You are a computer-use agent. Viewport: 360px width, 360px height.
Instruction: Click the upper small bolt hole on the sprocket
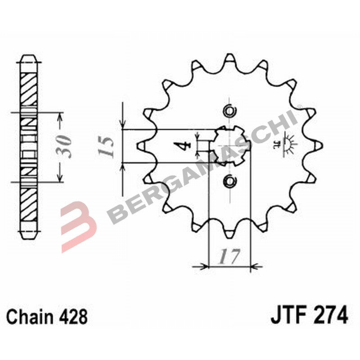(x=229, y=111)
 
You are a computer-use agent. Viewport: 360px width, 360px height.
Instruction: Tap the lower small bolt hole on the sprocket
(x=229, y=181)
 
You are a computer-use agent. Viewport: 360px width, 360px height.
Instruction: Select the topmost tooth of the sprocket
(x=229, y=58)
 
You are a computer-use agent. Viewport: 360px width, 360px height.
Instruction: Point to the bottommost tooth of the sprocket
(x=229, y=233)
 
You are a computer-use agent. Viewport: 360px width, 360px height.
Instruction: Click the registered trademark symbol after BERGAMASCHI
(x=299, y=107)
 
